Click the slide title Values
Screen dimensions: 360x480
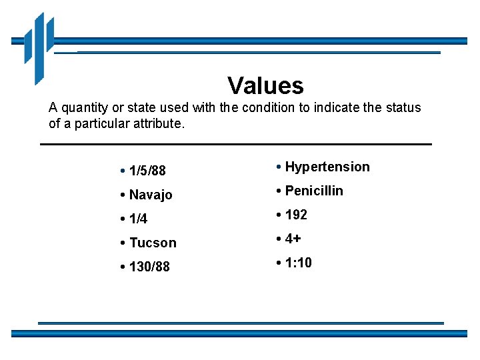coord(265,85)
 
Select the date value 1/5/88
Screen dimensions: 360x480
coord(147,171)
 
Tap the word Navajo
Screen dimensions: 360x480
coord(151,195)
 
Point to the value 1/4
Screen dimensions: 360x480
coord(139,219)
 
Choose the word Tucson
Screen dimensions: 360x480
coord(153,243)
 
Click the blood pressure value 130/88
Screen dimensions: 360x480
coord(149,267)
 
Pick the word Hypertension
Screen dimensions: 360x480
coord(327,167)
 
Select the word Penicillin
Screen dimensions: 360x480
coord(314,191)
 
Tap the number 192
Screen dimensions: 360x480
coord(296,215)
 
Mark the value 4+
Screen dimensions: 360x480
coord(293,239)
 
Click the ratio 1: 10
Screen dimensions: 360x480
coord(298,263)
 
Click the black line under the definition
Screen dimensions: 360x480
coord(236,144)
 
